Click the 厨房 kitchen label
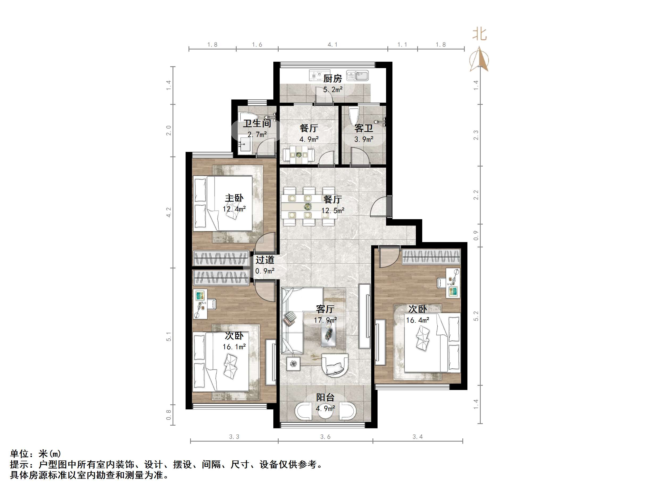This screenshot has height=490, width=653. coord(332,78)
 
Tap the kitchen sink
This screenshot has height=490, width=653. coord(358,76)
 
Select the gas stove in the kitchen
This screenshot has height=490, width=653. coord(319,75)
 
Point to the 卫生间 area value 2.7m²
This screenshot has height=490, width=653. coord(257,135)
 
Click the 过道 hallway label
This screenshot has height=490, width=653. coord(265,260)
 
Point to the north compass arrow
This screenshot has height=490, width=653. coord(479,59)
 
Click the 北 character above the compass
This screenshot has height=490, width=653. coord(479,34)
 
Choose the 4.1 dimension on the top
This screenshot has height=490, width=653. coord(332,45)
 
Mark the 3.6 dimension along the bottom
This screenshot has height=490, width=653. coord(325,437)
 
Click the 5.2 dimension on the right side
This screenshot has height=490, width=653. coord(476,316)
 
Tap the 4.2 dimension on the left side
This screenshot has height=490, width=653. coord(169,212)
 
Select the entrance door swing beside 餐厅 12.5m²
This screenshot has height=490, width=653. coord(379,206)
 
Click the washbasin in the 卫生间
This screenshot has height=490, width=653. coord(245,145)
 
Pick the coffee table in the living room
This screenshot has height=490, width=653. coord(329,333)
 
